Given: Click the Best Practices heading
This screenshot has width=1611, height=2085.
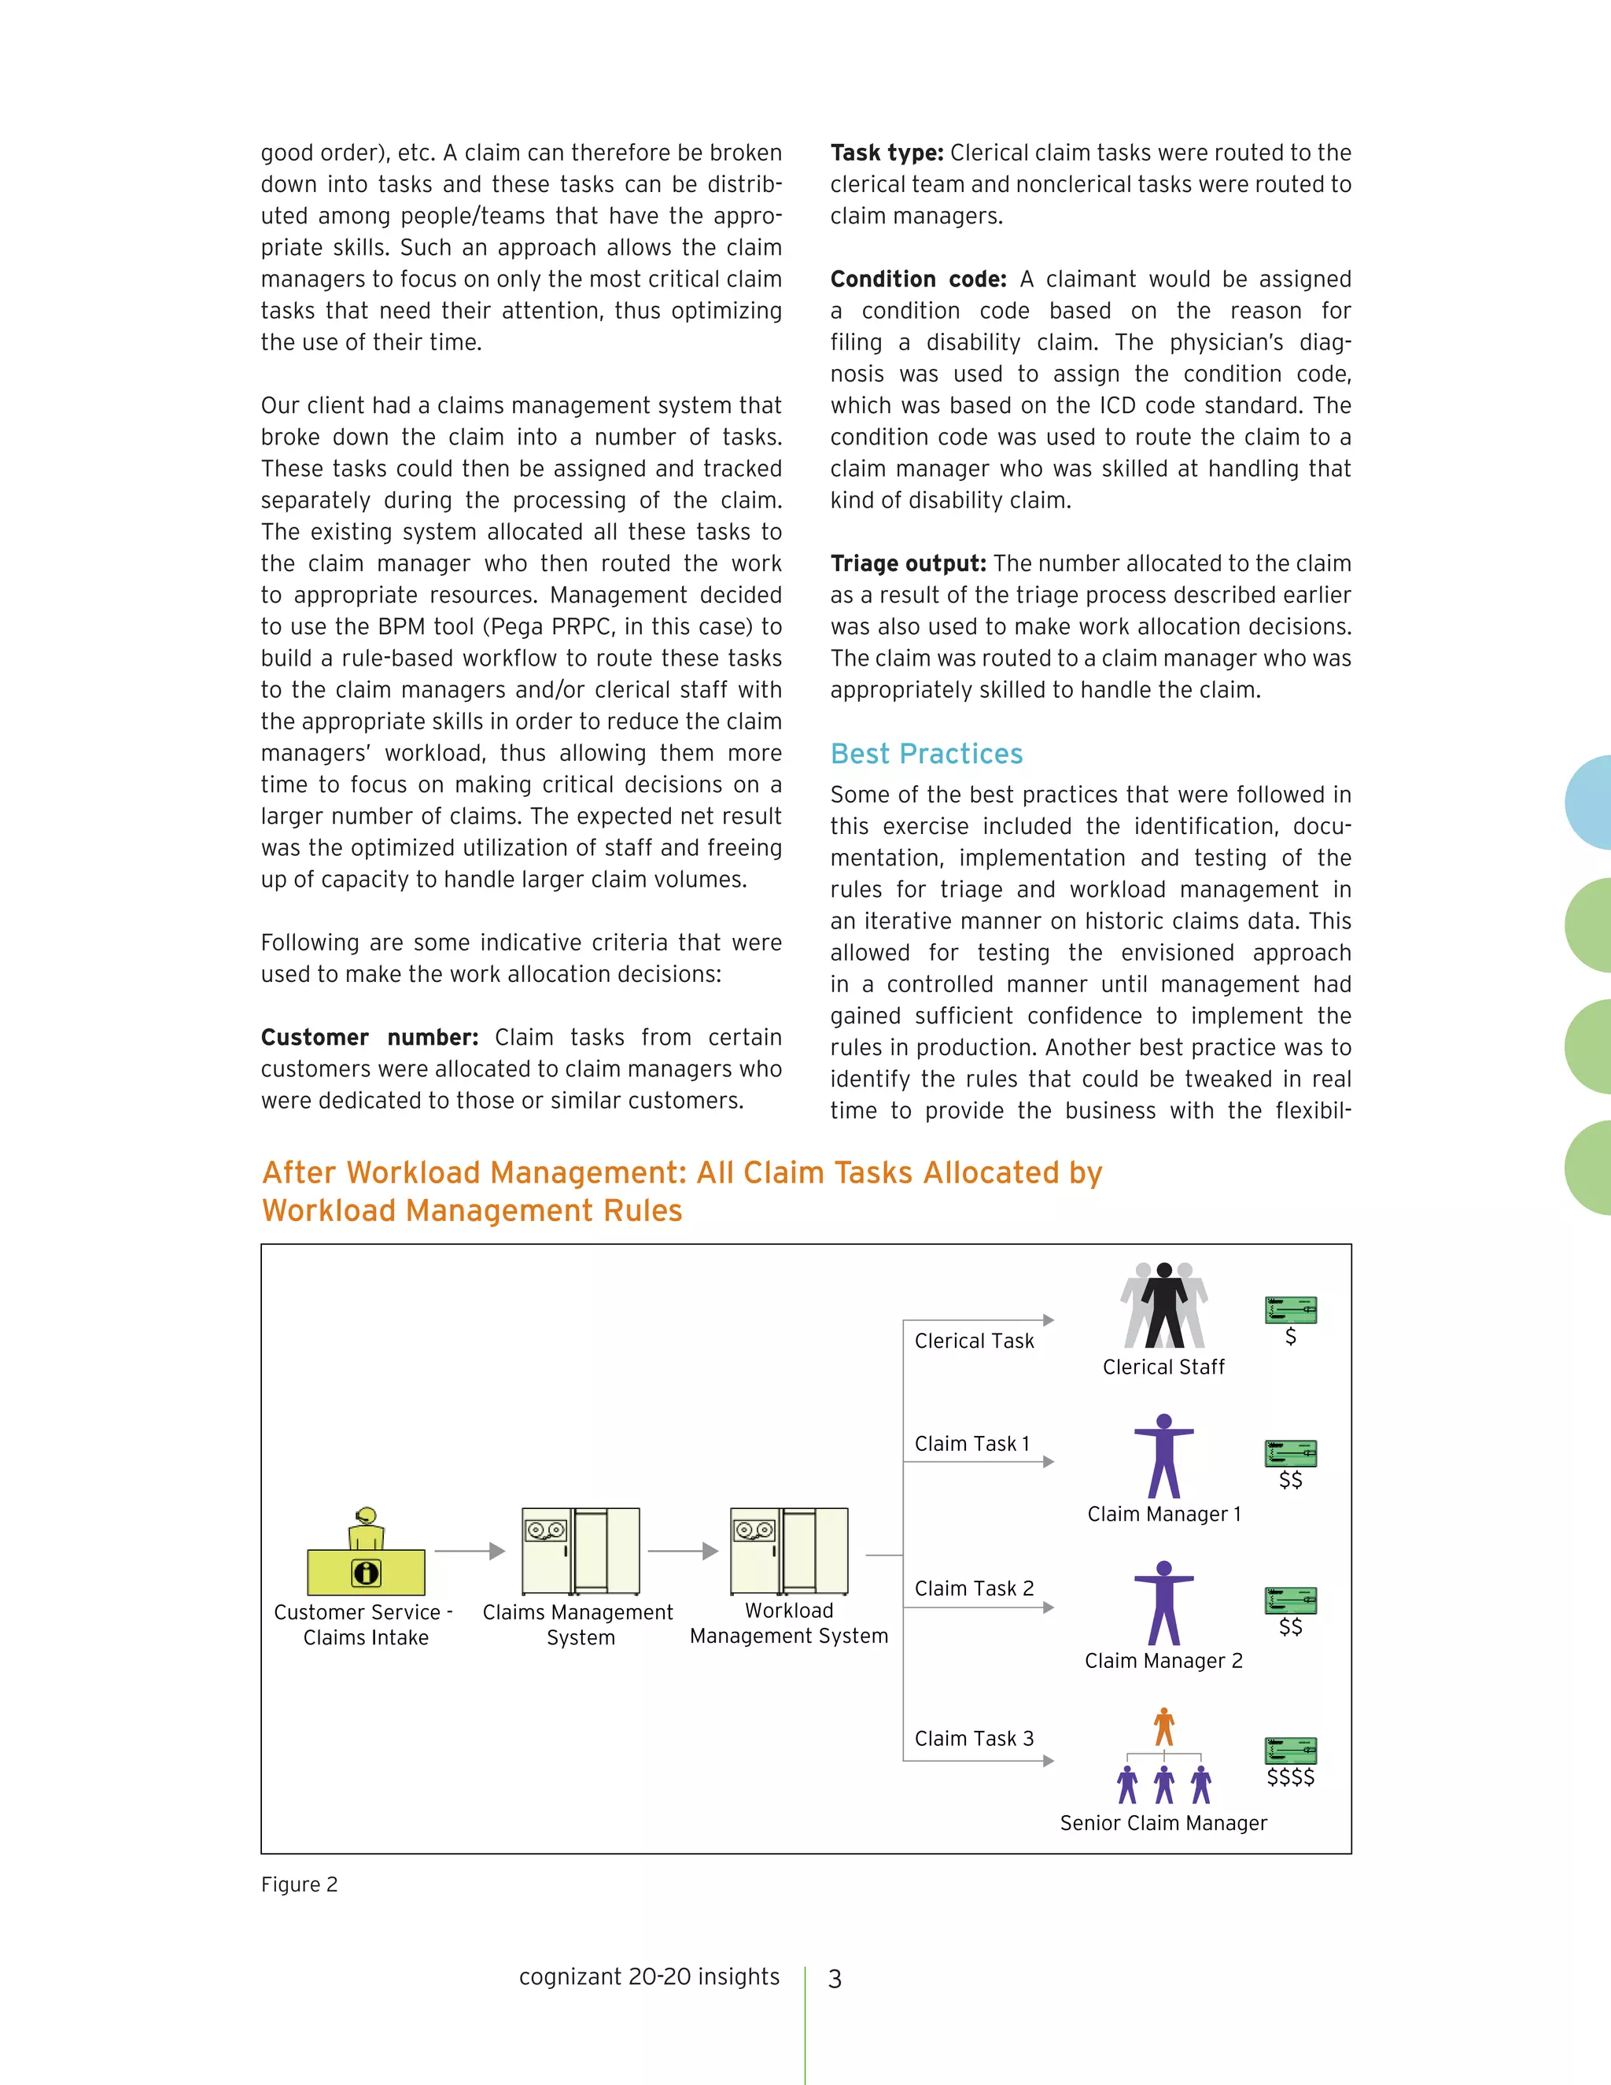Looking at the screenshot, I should [x=926, y=755].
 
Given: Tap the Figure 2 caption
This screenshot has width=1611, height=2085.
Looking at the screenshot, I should [x=300, y=1884].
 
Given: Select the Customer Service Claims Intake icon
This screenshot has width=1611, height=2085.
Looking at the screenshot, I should [x=367, y=1552].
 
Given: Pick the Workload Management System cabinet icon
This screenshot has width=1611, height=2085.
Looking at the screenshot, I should [x=788, y=1552].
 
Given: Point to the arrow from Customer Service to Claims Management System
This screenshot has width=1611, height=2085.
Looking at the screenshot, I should [x=470, y=1552].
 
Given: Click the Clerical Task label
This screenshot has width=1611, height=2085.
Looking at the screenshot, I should [x=974, y=1341].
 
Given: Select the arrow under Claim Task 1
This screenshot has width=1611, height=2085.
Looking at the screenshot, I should [x=979, y=1462].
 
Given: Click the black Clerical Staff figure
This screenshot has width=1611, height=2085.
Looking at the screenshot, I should [x=1164, y=1305].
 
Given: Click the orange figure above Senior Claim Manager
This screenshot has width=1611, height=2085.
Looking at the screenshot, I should [x=1163, y=1727].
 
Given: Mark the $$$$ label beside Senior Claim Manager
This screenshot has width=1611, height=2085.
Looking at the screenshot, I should [x=1290, y=1777].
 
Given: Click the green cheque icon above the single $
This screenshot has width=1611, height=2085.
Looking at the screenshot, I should [x=1290, y=1310].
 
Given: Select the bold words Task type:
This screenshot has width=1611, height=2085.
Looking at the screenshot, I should [x=887, y=153].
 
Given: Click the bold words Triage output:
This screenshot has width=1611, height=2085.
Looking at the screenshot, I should [x=908, y=563].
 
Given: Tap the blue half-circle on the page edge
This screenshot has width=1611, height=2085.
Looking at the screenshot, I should [x=1589, y=802].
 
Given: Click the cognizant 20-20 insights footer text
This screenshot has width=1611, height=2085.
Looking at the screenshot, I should [x=649, y=1977].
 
